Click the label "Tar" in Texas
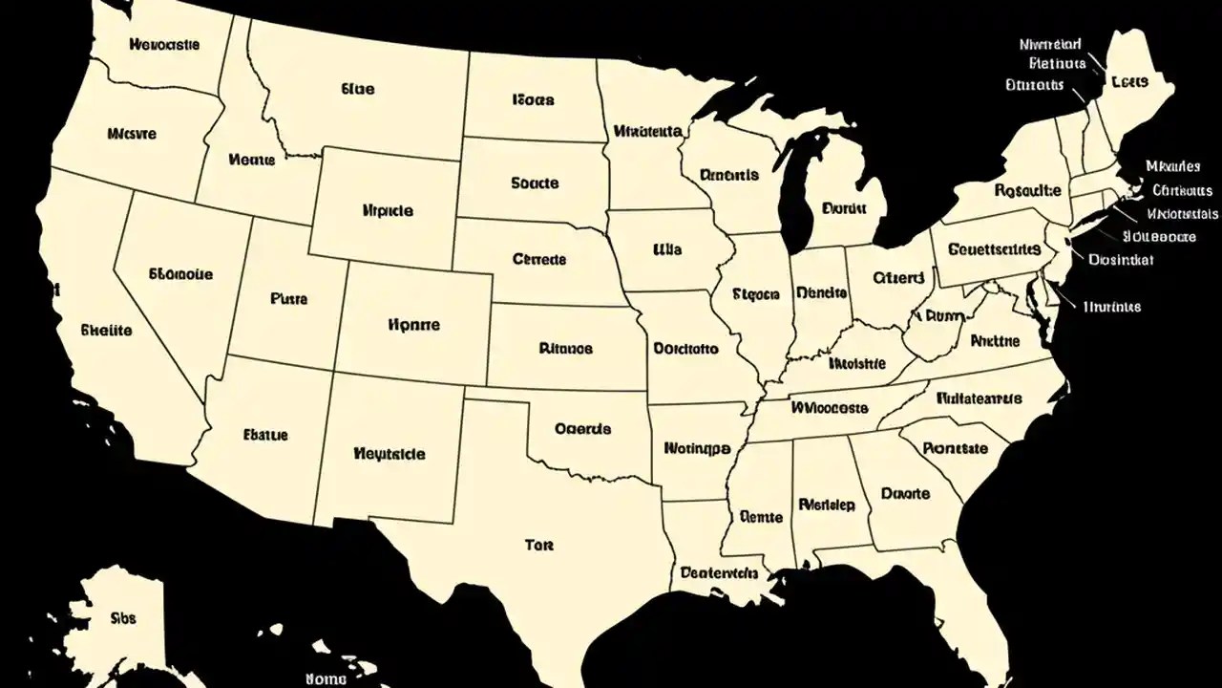point(539,546)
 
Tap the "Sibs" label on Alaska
point(123,617)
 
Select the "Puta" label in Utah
point(289,298)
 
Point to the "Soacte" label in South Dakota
point(535,183)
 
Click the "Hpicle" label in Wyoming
point(389,209)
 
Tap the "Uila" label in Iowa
point(667,249)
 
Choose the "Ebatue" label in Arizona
point(265,435)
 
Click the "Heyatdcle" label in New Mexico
point(390,454)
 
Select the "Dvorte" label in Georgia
point(905,494)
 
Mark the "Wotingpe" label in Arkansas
point(697,446)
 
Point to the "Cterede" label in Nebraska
point(539,259)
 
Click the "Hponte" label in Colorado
point(414,325)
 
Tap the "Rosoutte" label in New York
point(1027,190)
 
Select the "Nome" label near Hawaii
point(326,677)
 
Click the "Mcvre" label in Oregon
point(132,134)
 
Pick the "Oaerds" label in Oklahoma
point(582,429)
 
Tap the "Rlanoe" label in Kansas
point(565,349)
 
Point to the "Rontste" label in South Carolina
point(957,447)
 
